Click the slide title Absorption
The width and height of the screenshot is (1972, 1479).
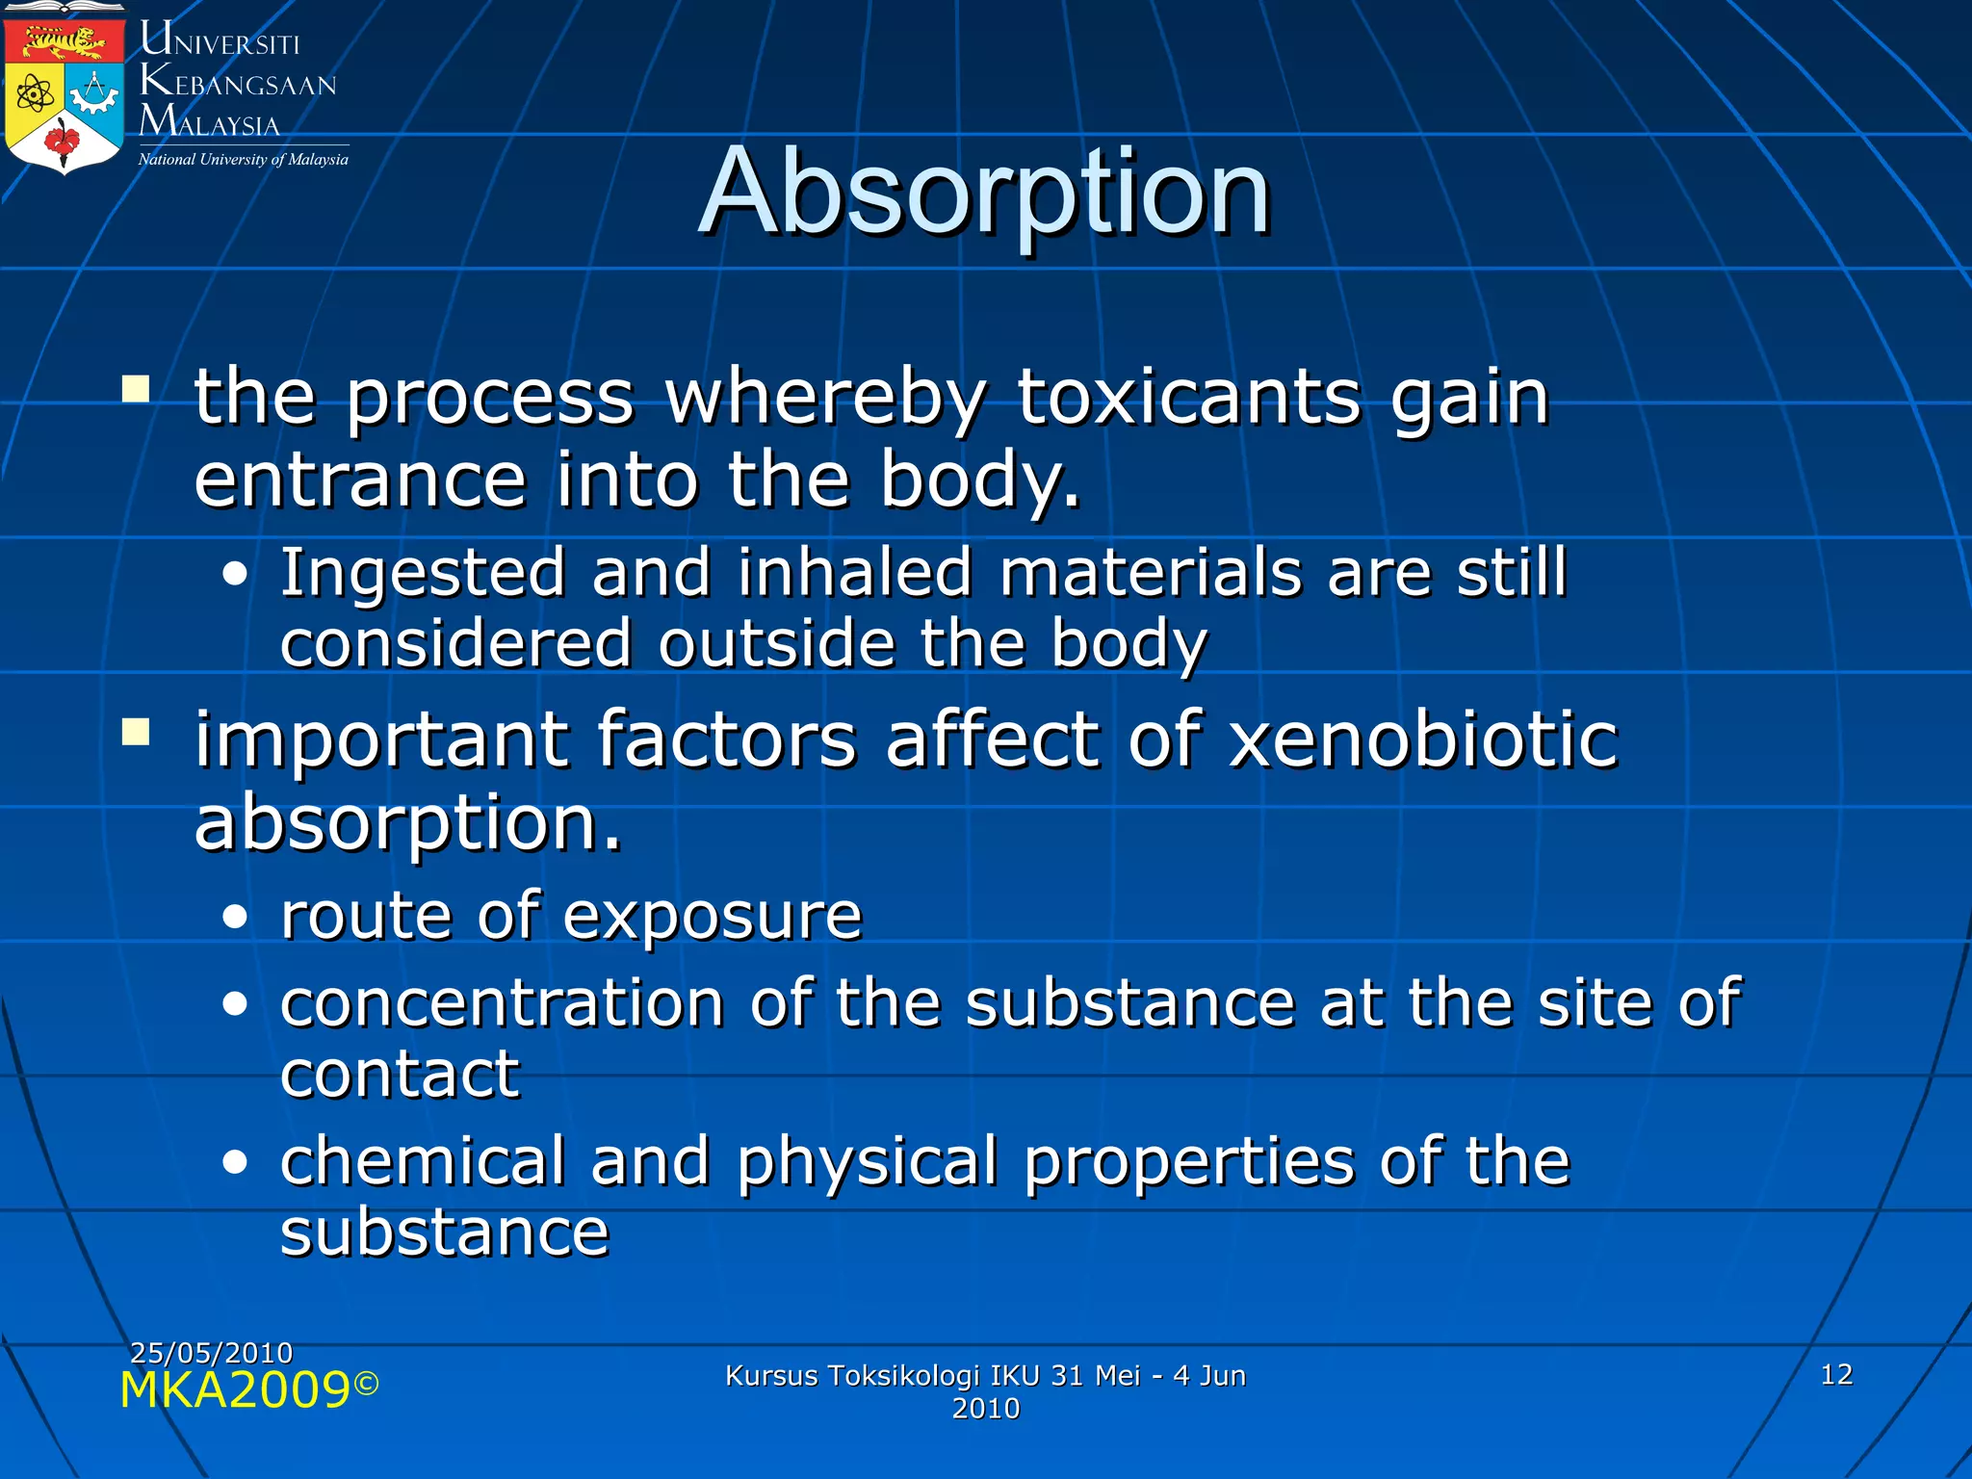click(984, 193)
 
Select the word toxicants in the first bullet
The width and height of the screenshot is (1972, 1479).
click(1188, 397)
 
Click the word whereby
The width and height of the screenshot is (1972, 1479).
click(826, 397)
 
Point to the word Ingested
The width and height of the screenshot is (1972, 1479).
click(422, 574)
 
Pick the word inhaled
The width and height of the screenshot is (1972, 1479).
click(855, 574)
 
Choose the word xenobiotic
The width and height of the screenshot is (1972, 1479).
click(1423, 739)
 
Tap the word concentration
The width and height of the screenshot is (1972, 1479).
click(502, 1003)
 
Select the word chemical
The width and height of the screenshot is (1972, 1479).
click(422, 1161)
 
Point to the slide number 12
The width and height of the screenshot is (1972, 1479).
click(1836, 1374)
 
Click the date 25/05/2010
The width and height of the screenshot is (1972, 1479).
click(211, 1353)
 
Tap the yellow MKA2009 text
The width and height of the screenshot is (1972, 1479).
click(235, 1390)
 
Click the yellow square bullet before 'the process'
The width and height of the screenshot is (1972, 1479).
click(136, 389)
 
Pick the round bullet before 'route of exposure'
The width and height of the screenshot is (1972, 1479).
click(235, 917)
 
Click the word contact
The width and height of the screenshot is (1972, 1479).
click(400, 1074)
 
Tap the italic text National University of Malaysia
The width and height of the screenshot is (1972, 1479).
click(243, 160)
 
